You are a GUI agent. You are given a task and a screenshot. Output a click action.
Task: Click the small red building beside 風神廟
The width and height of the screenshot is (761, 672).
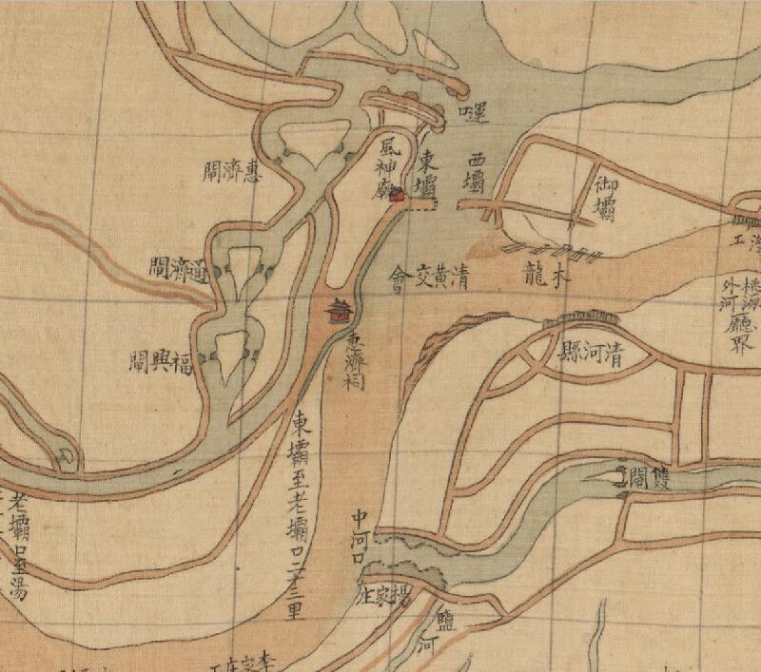coord(400,196)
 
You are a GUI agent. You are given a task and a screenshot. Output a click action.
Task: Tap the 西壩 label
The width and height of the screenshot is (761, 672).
coord(476,171)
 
